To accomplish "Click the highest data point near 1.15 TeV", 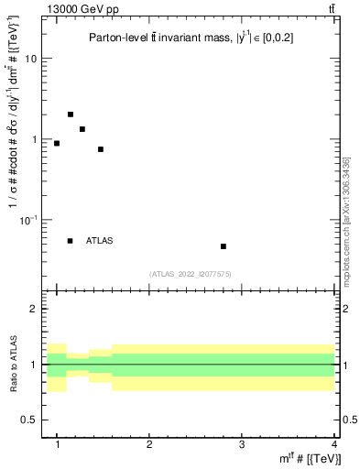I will point(71,115).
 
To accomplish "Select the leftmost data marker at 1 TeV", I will point(57,143).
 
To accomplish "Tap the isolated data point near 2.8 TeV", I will point(224,246).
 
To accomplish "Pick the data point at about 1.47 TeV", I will point(101,149).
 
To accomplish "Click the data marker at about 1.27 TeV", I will point(82,129).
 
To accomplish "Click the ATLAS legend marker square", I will point(71,241).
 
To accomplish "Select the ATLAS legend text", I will point(100,241).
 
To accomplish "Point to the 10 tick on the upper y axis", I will point(37,59).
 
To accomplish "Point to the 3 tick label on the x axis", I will point(241,444).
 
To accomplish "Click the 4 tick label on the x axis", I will point(333,444).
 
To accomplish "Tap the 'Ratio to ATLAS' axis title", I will point(14,364).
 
